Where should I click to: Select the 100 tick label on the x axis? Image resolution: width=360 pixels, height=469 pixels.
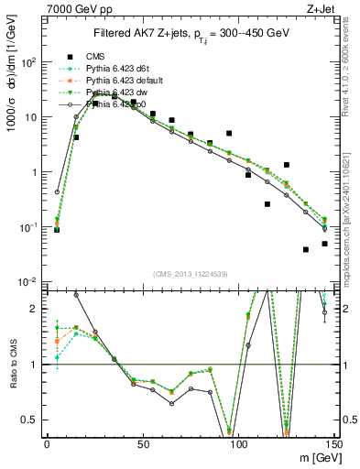[x=238, y=444]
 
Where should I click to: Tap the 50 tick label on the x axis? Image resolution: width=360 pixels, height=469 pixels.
[x=142, y=444]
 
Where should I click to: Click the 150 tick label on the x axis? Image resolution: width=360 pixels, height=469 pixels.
[x=333, y=444]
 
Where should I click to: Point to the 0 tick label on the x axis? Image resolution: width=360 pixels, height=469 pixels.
[x=47, y=444]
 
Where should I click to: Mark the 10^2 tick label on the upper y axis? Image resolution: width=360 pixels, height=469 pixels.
[x=30, y=62]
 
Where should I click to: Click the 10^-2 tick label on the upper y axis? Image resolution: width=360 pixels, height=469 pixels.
[x=30, y=281]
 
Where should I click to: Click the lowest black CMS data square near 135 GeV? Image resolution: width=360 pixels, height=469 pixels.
[x=306, y=249]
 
